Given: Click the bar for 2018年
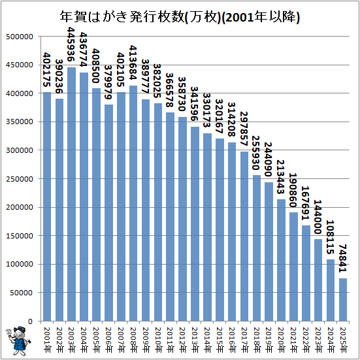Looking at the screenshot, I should click(256, 248).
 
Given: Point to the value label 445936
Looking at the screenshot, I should click(71, 46).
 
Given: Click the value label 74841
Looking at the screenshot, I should click(343, 260).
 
